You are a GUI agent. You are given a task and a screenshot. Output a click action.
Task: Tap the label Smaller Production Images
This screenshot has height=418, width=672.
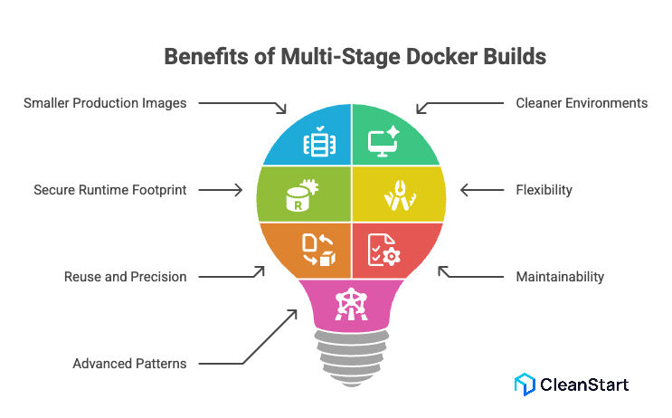105,103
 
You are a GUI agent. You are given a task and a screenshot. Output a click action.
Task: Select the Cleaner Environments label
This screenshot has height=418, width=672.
582,103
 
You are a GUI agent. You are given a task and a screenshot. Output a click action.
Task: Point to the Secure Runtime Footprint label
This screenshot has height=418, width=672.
109,190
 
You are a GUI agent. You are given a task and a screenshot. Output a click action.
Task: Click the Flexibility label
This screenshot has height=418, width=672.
544,190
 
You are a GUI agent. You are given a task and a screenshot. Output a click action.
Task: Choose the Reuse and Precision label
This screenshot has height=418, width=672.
125,276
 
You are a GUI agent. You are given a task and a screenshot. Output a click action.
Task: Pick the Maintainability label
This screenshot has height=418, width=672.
559,276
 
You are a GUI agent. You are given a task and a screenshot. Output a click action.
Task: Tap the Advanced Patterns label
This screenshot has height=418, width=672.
129,364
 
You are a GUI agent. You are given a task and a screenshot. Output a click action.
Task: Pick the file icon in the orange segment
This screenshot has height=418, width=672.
317,250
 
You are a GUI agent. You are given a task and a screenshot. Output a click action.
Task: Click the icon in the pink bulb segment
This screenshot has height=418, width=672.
348,304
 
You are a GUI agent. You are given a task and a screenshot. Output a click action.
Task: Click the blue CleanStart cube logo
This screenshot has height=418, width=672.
525,384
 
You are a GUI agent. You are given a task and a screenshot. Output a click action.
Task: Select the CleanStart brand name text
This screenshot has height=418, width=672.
583,384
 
